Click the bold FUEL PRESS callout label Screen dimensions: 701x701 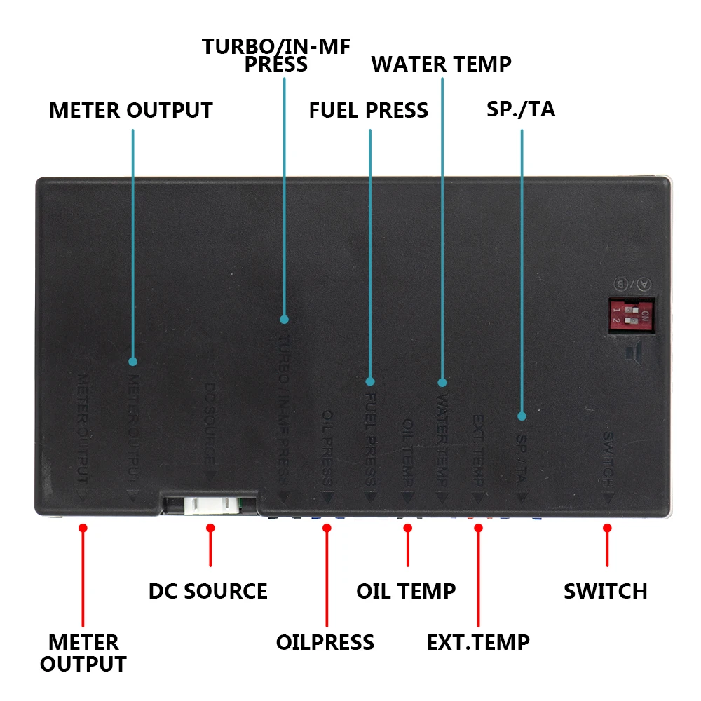pos(369,111)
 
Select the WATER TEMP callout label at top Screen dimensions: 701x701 pos(442,64)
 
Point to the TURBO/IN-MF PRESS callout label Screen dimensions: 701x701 pos(276,55)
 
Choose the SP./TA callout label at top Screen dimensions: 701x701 pos(521,109)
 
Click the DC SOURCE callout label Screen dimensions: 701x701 pos(208,591)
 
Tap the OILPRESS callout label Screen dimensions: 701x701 pos(325,642)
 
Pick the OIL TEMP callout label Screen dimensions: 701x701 pos(406,591)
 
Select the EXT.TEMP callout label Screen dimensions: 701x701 pos(478,642)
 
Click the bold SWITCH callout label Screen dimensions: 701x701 pos(606,591)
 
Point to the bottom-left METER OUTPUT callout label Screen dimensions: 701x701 pos(83,653)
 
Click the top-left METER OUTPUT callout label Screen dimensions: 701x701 pos(131,111)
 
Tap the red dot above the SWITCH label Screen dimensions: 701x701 pos(607,527)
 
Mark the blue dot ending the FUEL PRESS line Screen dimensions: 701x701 pos(370,382)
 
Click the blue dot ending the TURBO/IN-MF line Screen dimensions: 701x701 pos(284,319)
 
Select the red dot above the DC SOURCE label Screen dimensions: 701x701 pos(210,527)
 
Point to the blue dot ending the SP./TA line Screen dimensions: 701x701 pos(522,415)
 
